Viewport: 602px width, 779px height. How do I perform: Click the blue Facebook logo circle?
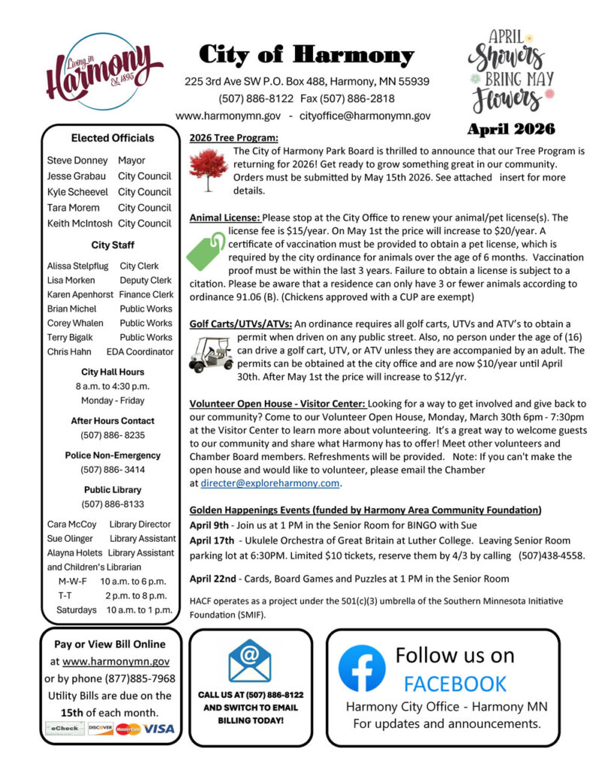pos(361,669)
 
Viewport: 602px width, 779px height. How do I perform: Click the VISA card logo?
pos(159,729)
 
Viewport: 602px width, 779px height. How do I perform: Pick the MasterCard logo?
pos(128,729)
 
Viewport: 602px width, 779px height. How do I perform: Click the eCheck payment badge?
pos(65,729)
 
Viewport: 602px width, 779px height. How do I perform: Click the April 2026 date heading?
pos(511,129)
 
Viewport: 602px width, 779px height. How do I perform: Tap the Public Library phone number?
pos(112,504)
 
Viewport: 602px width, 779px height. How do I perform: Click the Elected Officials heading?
pos(112,138)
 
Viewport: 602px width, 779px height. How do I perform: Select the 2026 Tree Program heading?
pos(233,138)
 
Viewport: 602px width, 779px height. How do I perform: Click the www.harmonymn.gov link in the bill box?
pos(116,661)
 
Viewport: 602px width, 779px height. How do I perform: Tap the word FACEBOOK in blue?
pos(455,683)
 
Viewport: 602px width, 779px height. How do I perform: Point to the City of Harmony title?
pos(306,55)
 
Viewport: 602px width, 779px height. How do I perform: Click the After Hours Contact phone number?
pos(112,435)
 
